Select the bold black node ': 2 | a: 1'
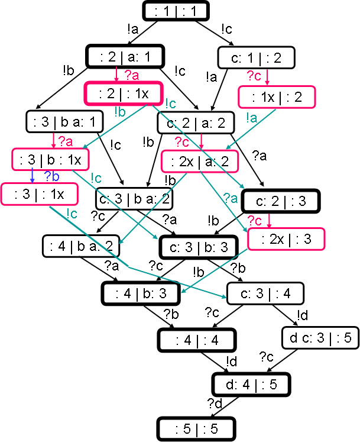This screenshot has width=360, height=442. (x=125, y=57)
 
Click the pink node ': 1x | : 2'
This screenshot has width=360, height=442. (x=277, y=96)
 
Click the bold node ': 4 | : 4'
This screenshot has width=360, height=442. (x=196, y=340)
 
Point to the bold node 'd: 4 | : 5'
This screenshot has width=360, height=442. (x=251, y=385)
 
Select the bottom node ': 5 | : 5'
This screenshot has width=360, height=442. (x=196, y=427)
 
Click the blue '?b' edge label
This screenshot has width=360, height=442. (x=52, y=176)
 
